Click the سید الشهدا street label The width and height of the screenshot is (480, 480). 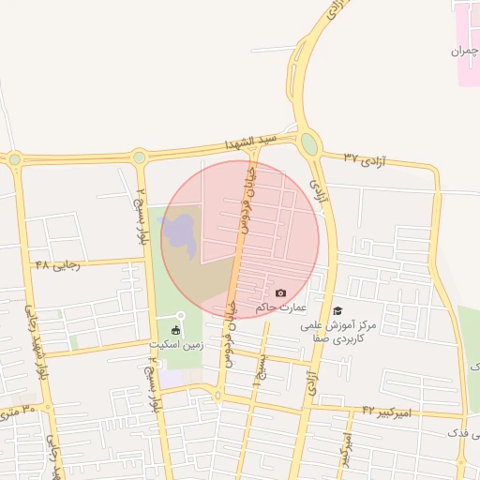tap(251, 142)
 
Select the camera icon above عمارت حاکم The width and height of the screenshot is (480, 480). tap(280, 293)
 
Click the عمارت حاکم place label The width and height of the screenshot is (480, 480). tap(275, 307)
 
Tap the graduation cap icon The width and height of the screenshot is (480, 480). tap(337, 310)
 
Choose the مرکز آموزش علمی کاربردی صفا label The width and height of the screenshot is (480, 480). tap(348, 329)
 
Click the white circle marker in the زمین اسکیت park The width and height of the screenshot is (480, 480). tap(182, 315)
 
